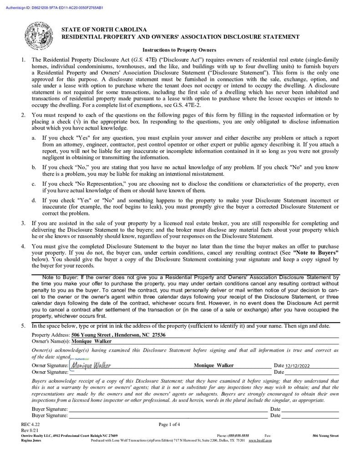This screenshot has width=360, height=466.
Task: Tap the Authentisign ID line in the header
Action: coord(54,8)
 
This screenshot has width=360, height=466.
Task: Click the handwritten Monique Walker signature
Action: coord(91,365)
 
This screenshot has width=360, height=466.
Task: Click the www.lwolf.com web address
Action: coord(260,441)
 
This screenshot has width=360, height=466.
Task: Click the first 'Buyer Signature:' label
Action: coord(50,409)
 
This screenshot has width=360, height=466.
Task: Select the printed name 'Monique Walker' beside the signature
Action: coord(213,365)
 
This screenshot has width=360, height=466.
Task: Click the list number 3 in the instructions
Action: coord(23,223)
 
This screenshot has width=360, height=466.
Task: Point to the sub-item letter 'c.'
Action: coord(34,184)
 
